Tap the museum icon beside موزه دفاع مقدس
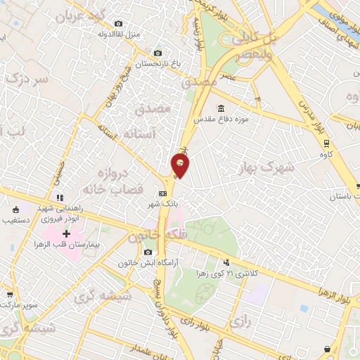pyautogui.click(x=221, y=108)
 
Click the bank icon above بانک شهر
pyautogui.click(x=162, y=193)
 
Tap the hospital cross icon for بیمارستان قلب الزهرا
pyautogui.click(x=67, y=233)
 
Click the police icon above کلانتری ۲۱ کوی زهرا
pyautogui.click(x=226, y=261)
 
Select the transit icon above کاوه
pyautogui.click(x=325, y=142)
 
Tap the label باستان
pyautogui.click(x=348, y=198)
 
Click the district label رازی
pyautogui.click(x=240, y=322)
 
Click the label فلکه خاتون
pyautogui.click(x=146, y=237)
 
